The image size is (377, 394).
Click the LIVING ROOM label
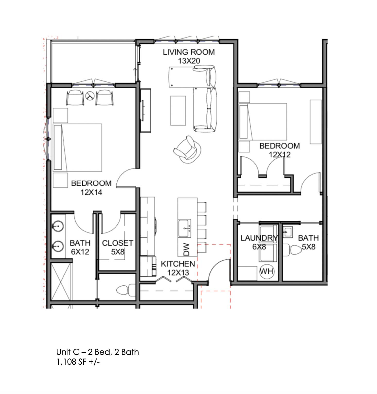click(188, 52)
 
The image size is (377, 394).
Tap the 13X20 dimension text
click(189, 61)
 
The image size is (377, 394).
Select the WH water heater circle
click(267, 271)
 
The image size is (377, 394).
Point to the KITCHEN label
click(178, 264)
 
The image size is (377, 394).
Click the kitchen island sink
click(184, 228)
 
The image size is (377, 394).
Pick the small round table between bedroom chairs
click(90, 96)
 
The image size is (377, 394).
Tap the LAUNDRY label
click(259, 238)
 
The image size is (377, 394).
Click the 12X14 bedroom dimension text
click(91, 192)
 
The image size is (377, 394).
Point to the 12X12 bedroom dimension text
click(279, 155)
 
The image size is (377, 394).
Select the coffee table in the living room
click(178, 111)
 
